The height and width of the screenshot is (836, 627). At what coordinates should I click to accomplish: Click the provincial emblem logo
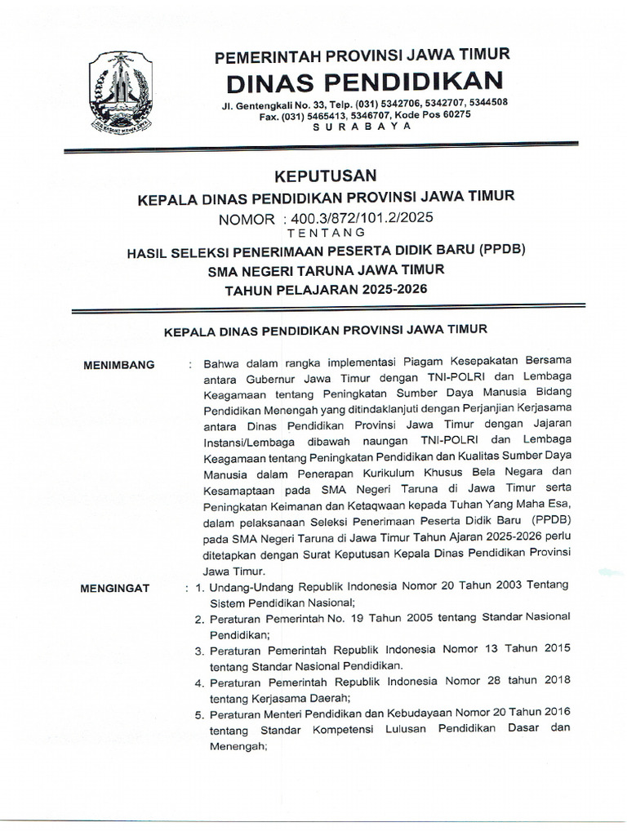point(119,92)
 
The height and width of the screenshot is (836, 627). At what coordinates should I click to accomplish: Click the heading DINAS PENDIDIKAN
point(364,82)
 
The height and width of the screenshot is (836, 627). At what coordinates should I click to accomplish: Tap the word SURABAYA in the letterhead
point(364,127)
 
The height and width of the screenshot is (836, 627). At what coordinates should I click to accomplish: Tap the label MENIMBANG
point(119,365)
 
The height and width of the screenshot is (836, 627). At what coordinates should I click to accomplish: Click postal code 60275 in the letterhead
point(451,115)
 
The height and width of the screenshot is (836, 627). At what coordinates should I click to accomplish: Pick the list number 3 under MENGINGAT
point(198,651)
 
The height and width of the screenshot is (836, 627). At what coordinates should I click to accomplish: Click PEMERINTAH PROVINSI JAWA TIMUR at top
point(362,56)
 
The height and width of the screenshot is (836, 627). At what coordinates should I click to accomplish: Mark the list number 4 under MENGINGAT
point(198,683)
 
